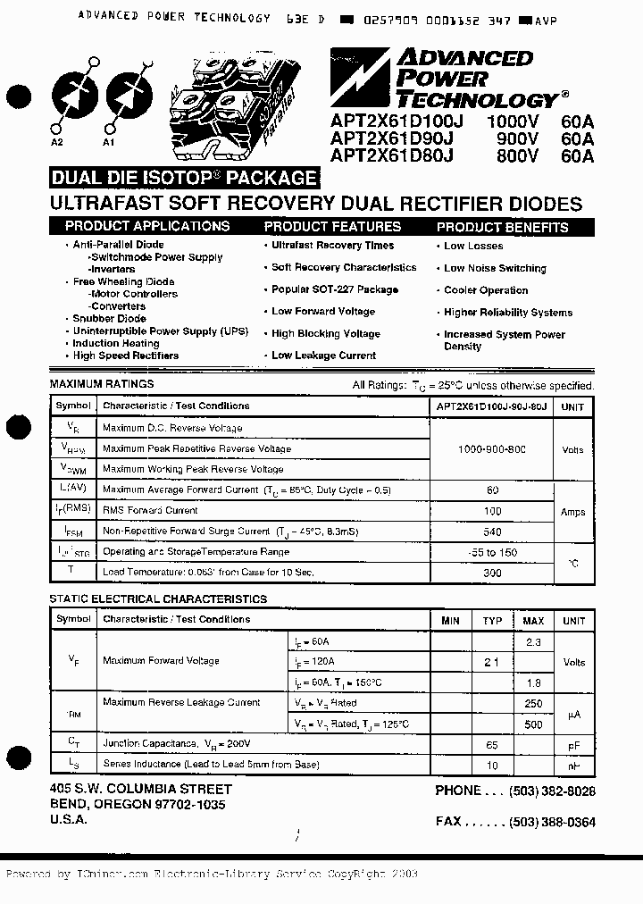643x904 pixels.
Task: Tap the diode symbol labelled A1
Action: point(123,94)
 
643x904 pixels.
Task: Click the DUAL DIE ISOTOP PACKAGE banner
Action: point(184,178)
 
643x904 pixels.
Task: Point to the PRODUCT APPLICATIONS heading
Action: point(147,227)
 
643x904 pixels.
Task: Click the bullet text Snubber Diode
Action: point(109,319)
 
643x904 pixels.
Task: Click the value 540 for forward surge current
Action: point(491,532)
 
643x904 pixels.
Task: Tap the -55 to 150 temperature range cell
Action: point(492,553)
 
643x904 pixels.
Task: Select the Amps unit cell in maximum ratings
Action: point(572,512)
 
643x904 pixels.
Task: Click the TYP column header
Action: point(492,621)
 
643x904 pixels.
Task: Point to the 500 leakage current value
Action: point(533,724)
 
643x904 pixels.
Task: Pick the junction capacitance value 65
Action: point(491,744)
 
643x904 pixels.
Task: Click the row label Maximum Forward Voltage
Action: point(161,661)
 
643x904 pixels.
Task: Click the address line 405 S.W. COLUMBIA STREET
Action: point(141,790)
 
